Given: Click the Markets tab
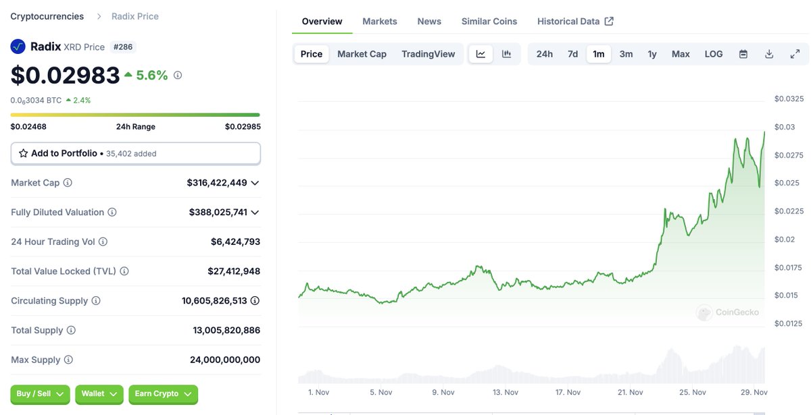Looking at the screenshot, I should (380, 22).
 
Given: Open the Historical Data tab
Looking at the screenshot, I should (574, 22).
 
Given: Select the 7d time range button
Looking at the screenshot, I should (572, 54).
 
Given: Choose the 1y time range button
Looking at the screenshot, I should (652, 54).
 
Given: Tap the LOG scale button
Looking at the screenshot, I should (714, 54).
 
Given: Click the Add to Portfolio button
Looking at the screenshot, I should (135, 154).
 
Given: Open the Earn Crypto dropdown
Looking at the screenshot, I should (163, 394).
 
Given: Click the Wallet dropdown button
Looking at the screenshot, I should (99, 394).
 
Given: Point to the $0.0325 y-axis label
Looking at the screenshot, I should (789, 99).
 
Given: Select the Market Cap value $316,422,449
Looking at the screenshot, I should (217, 183).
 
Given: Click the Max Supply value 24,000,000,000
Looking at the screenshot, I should (225, 360).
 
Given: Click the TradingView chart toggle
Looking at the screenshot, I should (428, 54).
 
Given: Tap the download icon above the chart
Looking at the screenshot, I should (769, 54).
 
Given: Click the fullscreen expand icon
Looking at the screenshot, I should (795, 54).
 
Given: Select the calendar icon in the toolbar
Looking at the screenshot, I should (743, 54).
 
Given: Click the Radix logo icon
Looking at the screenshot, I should (18, 47).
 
